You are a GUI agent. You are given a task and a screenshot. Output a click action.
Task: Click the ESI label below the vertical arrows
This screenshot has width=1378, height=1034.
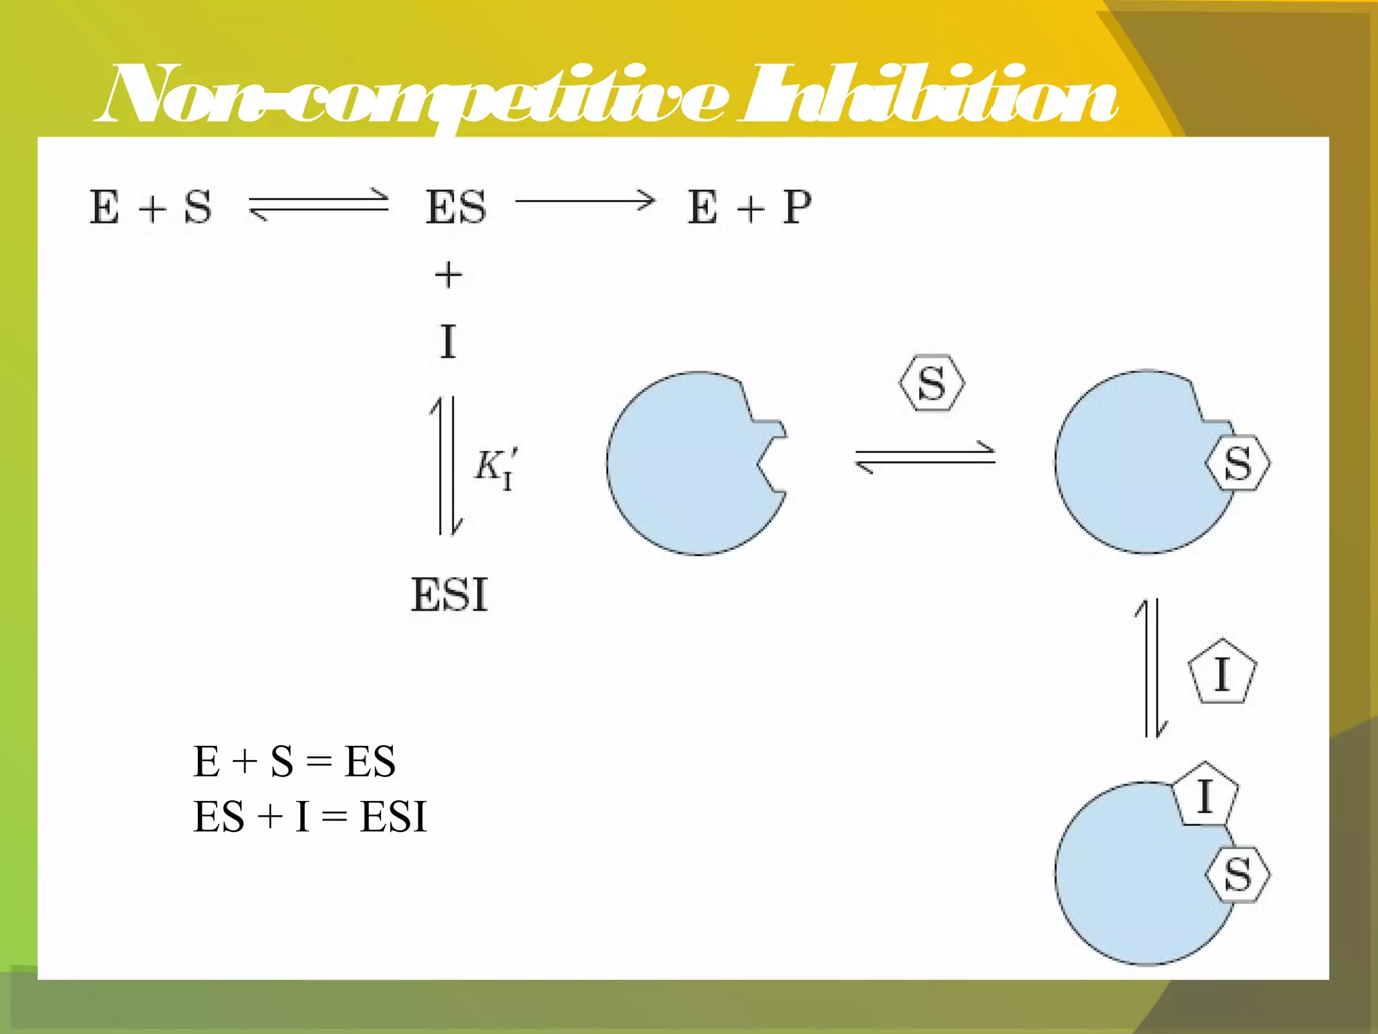[449, 595]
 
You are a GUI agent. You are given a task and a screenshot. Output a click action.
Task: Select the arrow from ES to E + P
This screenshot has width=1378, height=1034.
[585, 201]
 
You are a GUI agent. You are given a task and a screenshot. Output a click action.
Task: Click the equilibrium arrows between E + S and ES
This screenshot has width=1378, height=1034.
[318, 204]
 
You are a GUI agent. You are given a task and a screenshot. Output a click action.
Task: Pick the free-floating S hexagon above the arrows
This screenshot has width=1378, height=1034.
[932, 383]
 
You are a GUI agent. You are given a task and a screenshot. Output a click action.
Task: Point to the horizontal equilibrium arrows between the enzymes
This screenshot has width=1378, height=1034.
[925, 458]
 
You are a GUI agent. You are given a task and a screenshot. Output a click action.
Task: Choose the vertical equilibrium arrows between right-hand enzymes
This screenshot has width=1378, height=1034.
[1151, 668]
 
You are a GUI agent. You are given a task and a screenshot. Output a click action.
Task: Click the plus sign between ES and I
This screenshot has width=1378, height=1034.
[449, 275]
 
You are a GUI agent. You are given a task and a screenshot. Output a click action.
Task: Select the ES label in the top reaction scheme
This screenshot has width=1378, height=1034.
[456, 207]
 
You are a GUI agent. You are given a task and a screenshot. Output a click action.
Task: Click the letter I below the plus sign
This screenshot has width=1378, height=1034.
[448, 341]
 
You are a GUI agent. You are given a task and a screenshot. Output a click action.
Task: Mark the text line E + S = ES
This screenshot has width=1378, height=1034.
[294, 761]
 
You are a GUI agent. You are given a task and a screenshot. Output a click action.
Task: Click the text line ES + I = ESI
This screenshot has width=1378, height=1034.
[310, 817]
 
